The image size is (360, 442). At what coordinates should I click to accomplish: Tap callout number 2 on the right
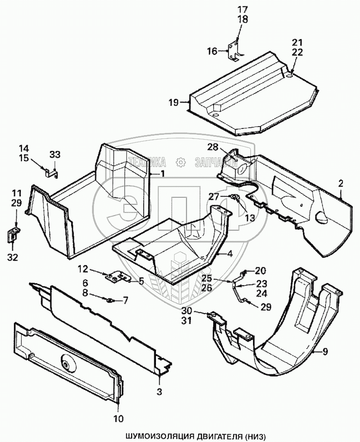tap(341, 183)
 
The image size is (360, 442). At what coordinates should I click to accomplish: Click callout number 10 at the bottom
tap(119, 418)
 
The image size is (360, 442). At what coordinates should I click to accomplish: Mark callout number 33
tap(54, 155)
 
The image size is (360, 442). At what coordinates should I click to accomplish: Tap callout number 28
tap(214, 147)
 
